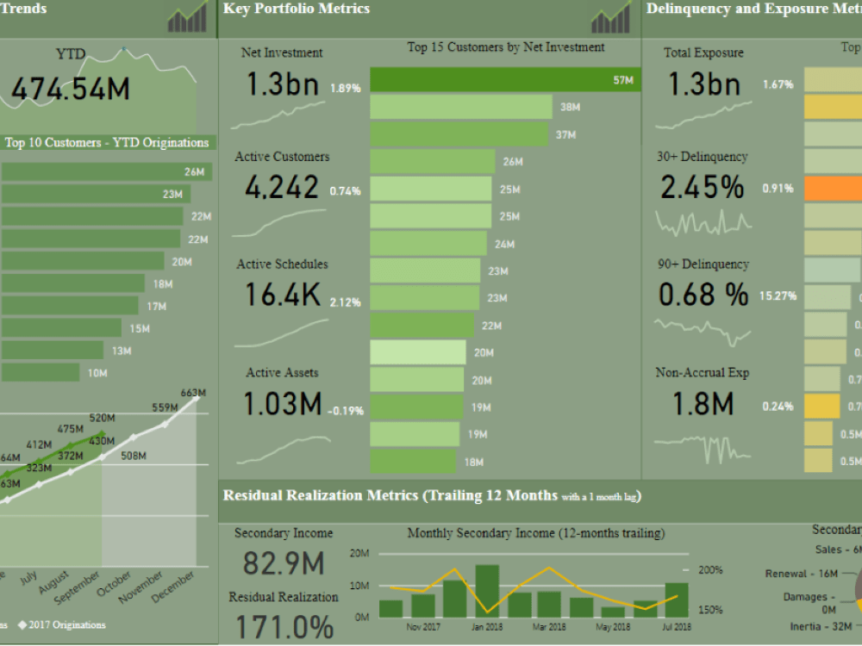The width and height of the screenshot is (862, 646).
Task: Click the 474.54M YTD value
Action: pyautogui.click(x=71, y=89)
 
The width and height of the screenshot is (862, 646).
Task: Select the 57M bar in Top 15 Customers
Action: pyautogui.click(x=505, y=80)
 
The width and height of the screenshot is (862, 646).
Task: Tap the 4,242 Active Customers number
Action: pyautogui.click(x=282, y=188)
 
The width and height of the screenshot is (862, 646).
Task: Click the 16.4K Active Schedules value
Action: pyautogui.click(x=282, y=295)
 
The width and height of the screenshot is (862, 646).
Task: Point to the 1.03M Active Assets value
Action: pyautogui.click(x=282, y=404)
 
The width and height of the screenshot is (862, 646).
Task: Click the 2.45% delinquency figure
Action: pyautogui.click(x=703, y=188)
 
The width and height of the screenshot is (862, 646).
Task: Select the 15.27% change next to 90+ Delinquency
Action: pyautogui.click(x=777, y=296)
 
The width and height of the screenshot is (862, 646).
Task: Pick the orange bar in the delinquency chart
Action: pyautogui.click(x=833, y=189)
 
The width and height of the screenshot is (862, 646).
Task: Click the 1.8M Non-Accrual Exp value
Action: pyautogui.click(x=695, y=404)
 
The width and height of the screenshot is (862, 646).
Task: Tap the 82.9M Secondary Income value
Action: pyautogui.click(x=284, y=563)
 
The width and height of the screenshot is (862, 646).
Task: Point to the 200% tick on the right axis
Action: pyautogui.click(x=710, y=570)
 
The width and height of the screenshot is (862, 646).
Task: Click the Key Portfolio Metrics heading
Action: pyautogui.click(x=297, y=9)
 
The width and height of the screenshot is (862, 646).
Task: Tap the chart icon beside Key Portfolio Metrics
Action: pyautogui.click(x=610, y=16)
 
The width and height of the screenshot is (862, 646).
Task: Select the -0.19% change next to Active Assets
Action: pyautogui.click(x=345, y=411)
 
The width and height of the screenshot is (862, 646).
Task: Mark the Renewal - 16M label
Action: pyautogui.click(x=801, y=574)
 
